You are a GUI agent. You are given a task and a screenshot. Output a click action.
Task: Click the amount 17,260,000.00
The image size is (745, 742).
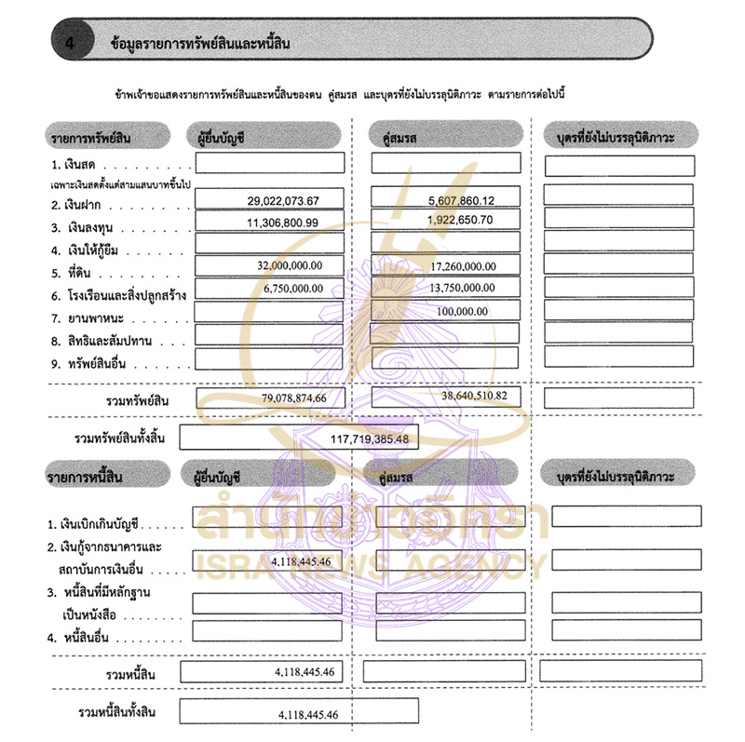pyautogui.click(x=464, y=266)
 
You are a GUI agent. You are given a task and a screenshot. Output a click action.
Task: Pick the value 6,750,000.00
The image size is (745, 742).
pyautogui.click(x=290, y=289)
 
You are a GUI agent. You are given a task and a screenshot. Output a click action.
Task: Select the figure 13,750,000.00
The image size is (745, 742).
pyautogui.click(x=464, y=289)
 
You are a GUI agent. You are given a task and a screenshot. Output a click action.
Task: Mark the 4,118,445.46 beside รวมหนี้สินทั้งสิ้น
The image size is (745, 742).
pyautogui.click(x=307, y=715)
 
